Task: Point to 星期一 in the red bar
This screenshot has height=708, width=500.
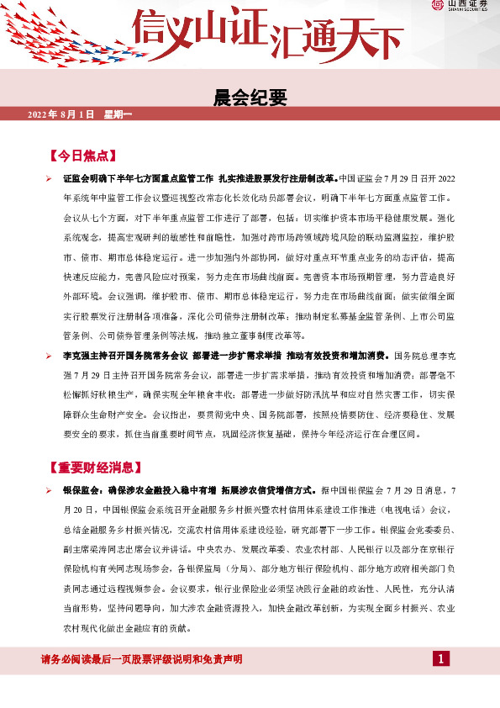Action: click(118, 114)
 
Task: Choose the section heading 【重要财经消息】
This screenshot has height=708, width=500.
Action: click(97, 467)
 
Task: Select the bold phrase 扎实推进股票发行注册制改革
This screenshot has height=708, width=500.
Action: click(276, 179)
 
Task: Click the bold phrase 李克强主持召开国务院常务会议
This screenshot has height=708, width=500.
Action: click(125, 357)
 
